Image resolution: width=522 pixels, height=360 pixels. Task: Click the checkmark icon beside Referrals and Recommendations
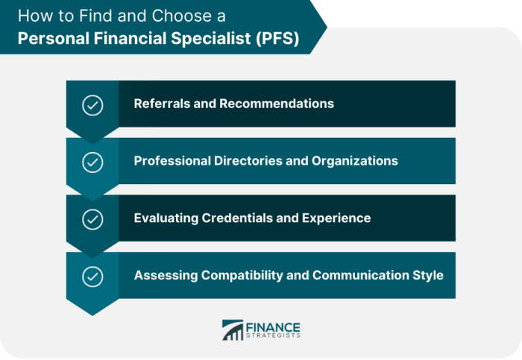pyautogui.click(x=92, y=105)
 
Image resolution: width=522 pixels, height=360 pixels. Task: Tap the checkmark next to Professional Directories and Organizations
pyautogui.click(x=92, y=162)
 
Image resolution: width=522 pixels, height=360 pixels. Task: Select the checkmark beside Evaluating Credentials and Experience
pyautogui.click(x=92, y=219)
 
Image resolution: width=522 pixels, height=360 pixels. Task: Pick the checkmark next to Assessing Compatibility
pyautogui.click(x=92, y=277)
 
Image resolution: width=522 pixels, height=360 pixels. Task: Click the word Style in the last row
pyautogui.click(x=428, y=275)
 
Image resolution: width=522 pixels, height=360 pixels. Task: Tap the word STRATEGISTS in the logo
pyautogui.click(x=274, y=337)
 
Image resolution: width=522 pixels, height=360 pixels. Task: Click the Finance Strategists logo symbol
pyautogui.click(x=233, y=331)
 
